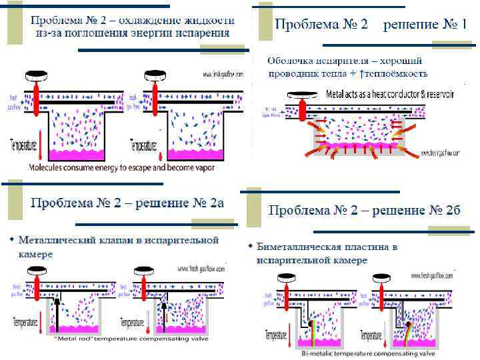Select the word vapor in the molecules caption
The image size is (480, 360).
(x=203, y=168)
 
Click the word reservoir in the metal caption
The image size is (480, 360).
(x=436, y=95)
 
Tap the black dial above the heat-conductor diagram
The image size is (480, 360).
(x=304, y=95)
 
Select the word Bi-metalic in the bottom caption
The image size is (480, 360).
(x=319, y=353)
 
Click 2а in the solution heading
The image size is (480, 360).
(x=215, y=203)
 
